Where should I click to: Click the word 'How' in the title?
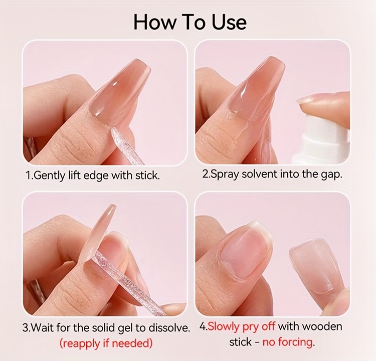point(154,22)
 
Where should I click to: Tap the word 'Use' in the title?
point(229,22)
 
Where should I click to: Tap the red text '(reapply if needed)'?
point(106,343)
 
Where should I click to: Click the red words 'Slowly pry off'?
point(241,327)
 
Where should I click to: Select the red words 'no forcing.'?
point(288,342)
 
